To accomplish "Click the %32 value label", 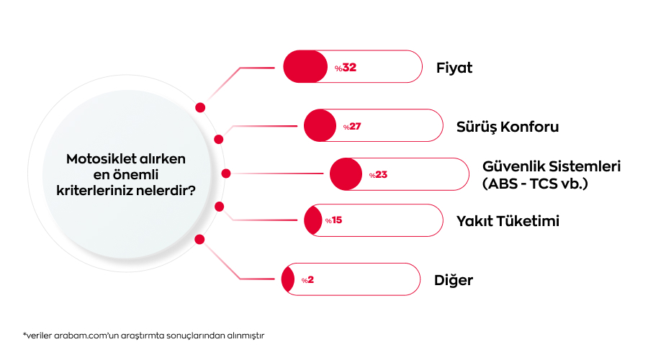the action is [x=346, y=68].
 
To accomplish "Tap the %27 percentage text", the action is [x=352, y=127].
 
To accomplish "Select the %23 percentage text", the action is [x=378, y=175].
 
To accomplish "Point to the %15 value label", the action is [x=333, y=220].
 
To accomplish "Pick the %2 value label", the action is [x=307, y=280].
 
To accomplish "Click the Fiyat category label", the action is [x=454, y=68].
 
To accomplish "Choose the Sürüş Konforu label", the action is [x=508, y=127].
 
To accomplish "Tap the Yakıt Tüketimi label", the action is [x=508, y=221].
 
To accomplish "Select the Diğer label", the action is [x=454, y=280].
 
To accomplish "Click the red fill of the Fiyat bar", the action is [x=305, y=66].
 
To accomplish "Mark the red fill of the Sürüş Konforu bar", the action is [x=320, y=126].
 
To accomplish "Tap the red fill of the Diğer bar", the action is [x=287, y=279].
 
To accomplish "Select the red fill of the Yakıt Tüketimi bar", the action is [x=313, y=220].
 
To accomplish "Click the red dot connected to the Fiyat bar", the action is [x=200, y=107].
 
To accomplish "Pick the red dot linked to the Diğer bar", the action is [x=199, y=239].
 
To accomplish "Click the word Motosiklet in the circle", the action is [x=95, y=158].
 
